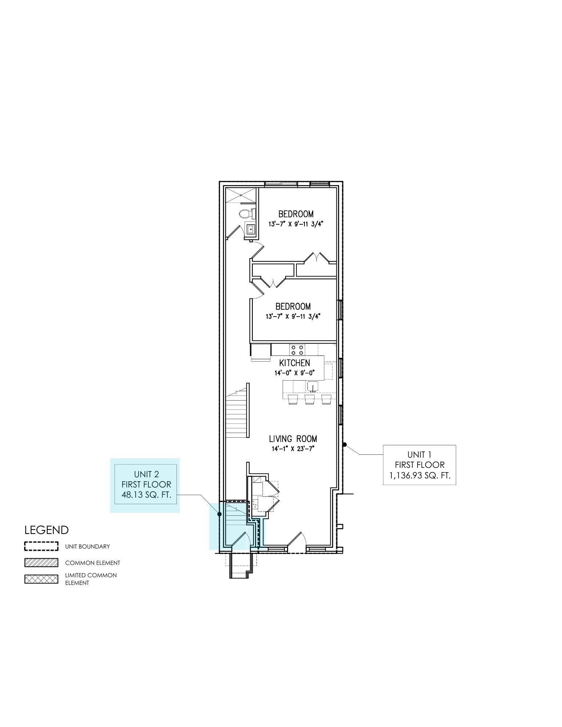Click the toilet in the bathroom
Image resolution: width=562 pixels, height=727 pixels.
point(246,214)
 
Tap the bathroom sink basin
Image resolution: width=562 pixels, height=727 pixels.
point(251,229)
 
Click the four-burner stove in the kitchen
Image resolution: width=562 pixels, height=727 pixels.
point(297,350)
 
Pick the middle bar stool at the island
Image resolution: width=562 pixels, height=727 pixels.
point(310,399)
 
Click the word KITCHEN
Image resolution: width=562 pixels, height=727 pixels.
point(295,363)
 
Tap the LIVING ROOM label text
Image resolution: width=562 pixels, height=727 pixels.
point(293,439)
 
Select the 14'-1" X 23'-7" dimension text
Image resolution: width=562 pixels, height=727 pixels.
point(293,449)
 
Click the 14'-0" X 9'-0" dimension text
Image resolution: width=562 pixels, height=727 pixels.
point(294,373)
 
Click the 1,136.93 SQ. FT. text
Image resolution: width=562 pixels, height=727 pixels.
point(420,475)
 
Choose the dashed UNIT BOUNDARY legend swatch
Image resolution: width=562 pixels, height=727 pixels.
point(41,546)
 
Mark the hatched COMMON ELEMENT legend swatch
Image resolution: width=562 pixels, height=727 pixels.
point(41,563)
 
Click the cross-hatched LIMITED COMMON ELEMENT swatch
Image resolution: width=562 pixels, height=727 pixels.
point(41,579)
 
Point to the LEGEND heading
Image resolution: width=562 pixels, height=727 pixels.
point(47,530)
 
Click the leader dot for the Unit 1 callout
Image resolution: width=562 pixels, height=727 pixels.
point(344,444)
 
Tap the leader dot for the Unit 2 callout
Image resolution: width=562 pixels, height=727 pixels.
point(219,514)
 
